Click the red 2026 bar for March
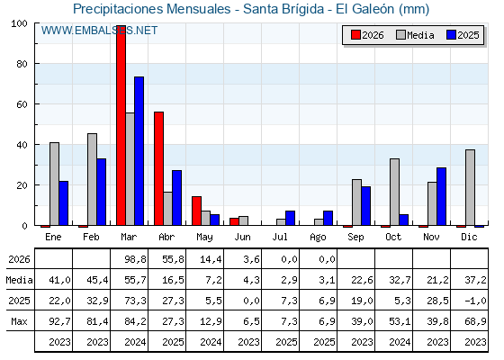[x=121, y=125]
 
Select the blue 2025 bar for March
[x=139, y=151]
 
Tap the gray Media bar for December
[x=470, y=187]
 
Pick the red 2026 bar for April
[x=158, y=169]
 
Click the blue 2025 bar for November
[x=441, y=196]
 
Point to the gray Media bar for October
[x=394, y=192]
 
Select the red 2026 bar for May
[x=197, y=211]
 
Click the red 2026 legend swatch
[x=355, y=35]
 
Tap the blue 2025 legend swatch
[x=451, y=35]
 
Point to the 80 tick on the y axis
[x=22, y=64]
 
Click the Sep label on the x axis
[x=355, y=237]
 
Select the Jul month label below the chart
[x=280, y=237]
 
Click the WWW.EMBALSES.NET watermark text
[x=99, y=31]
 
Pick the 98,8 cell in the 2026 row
[x=135, y=259]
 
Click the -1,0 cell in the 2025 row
[x=475, y=301]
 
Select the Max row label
[x=19, y=321]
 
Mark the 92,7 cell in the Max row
[x=59, y=321]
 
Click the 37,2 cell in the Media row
[x=475, y=280]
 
